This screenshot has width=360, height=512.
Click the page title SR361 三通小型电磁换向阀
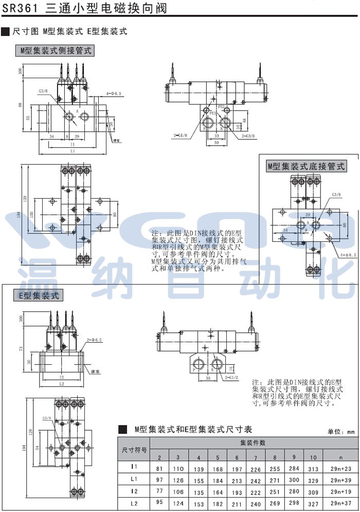click(x=85, y=9)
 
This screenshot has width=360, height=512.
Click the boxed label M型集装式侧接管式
click(x=55, y=50)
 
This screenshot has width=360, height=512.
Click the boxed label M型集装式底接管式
click(x=307, y=166)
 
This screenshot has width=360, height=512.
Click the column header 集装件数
click(x=253, y=443)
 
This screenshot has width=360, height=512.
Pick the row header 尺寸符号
click(x=134, y=449)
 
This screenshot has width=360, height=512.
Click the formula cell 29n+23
click(x=340, y=468)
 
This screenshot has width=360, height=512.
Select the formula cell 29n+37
click(x=340, y=503)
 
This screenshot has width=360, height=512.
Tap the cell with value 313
click(x=313, y=468)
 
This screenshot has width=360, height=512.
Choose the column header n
click(x=340, y=457)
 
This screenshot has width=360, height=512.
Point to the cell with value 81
click(x=159, y=468)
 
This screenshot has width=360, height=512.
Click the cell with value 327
click(x=313, y=503)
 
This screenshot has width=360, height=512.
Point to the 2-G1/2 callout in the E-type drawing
click(x=232, y=378)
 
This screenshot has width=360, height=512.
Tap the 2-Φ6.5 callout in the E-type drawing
click(x=95, y=340)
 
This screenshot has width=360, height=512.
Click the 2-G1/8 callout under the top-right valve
click(x=181, y=135)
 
